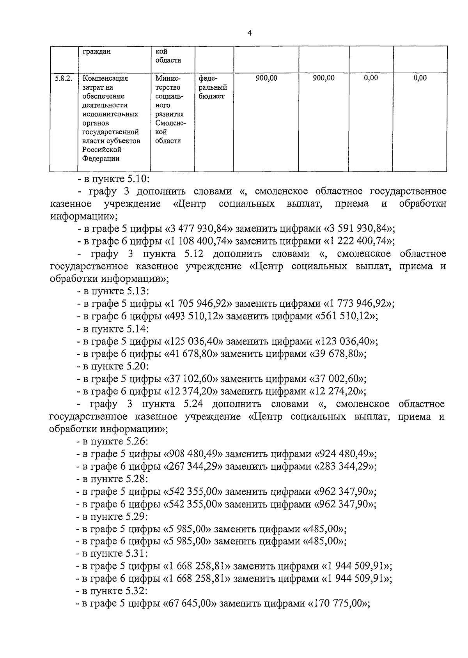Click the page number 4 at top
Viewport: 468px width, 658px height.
point(250,34)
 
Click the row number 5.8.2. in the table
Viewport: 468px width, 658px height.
point(64,78)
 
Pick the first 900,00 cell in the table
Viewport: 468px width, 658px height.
point(266,78)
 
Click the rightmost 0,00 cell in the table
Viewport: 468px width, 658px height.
point(420,78)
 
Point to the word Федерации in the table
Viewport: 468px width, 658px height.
point(101,159)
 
